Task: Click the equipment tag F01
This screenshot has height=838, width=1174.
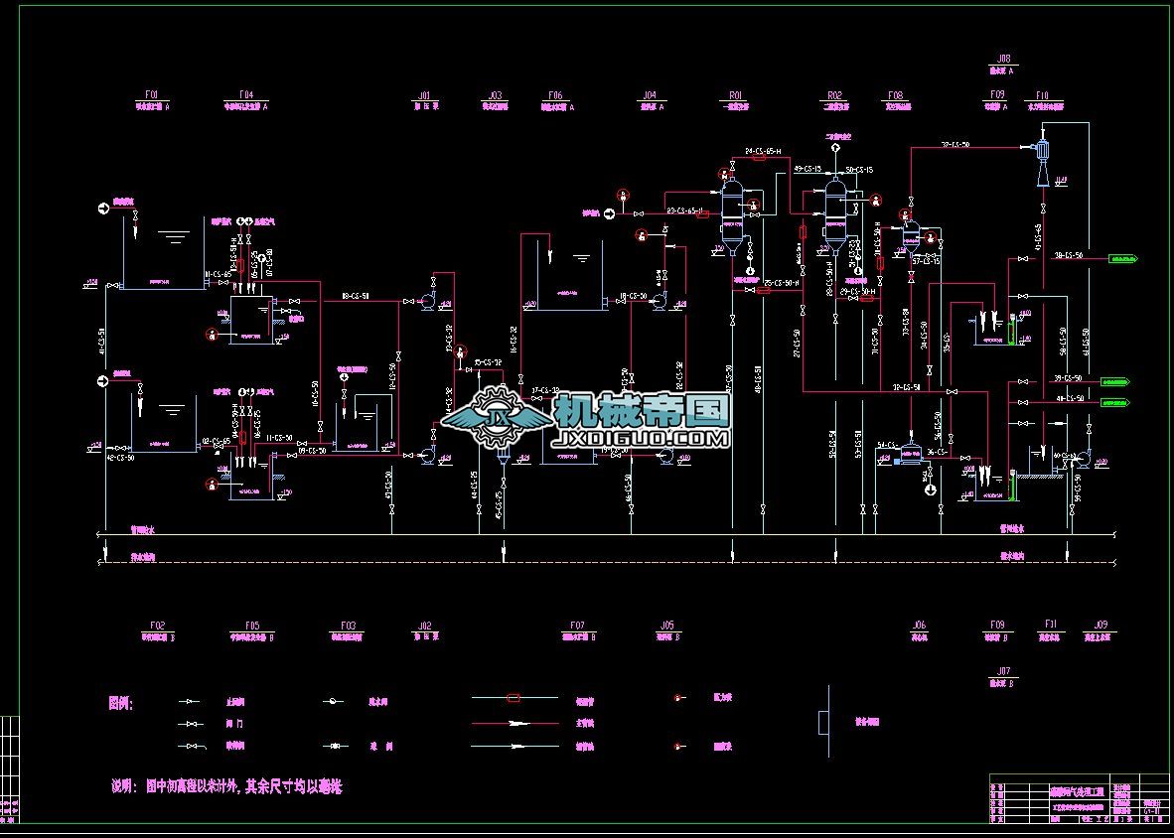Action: [152, 95]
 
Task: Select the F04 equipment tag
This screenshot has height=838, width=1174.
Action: [246, 95]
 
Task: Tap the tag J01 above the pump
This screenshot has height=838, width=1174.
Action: [424, 96]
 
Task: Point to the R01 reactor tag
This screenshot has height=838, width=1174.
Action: [736, 95]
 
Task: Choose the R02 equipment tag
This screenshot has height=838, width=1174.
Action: [835, 95]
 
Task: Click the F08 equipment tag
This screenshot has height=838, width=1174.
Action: [896, 95]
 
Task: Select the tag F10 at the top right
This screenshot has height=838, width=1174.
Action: [1042, 95]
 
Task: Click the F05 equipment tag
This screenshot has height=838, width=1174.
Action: [252, 626]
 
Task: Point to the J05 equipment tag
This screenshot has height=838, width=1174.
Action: [667, 626]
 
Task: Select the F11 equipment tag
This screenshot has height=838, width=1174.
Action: [1051, 626]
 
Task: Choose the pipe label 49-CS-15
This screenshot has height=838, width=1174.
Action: [807, 170]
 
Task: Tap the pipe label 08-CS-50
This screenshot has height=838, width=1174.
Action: [355, 296]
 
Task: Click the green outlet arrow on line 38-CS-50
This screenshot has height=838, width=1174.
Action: [1123, 259]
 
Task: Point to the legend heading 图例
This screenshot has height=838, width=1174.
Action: [120, 703]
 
